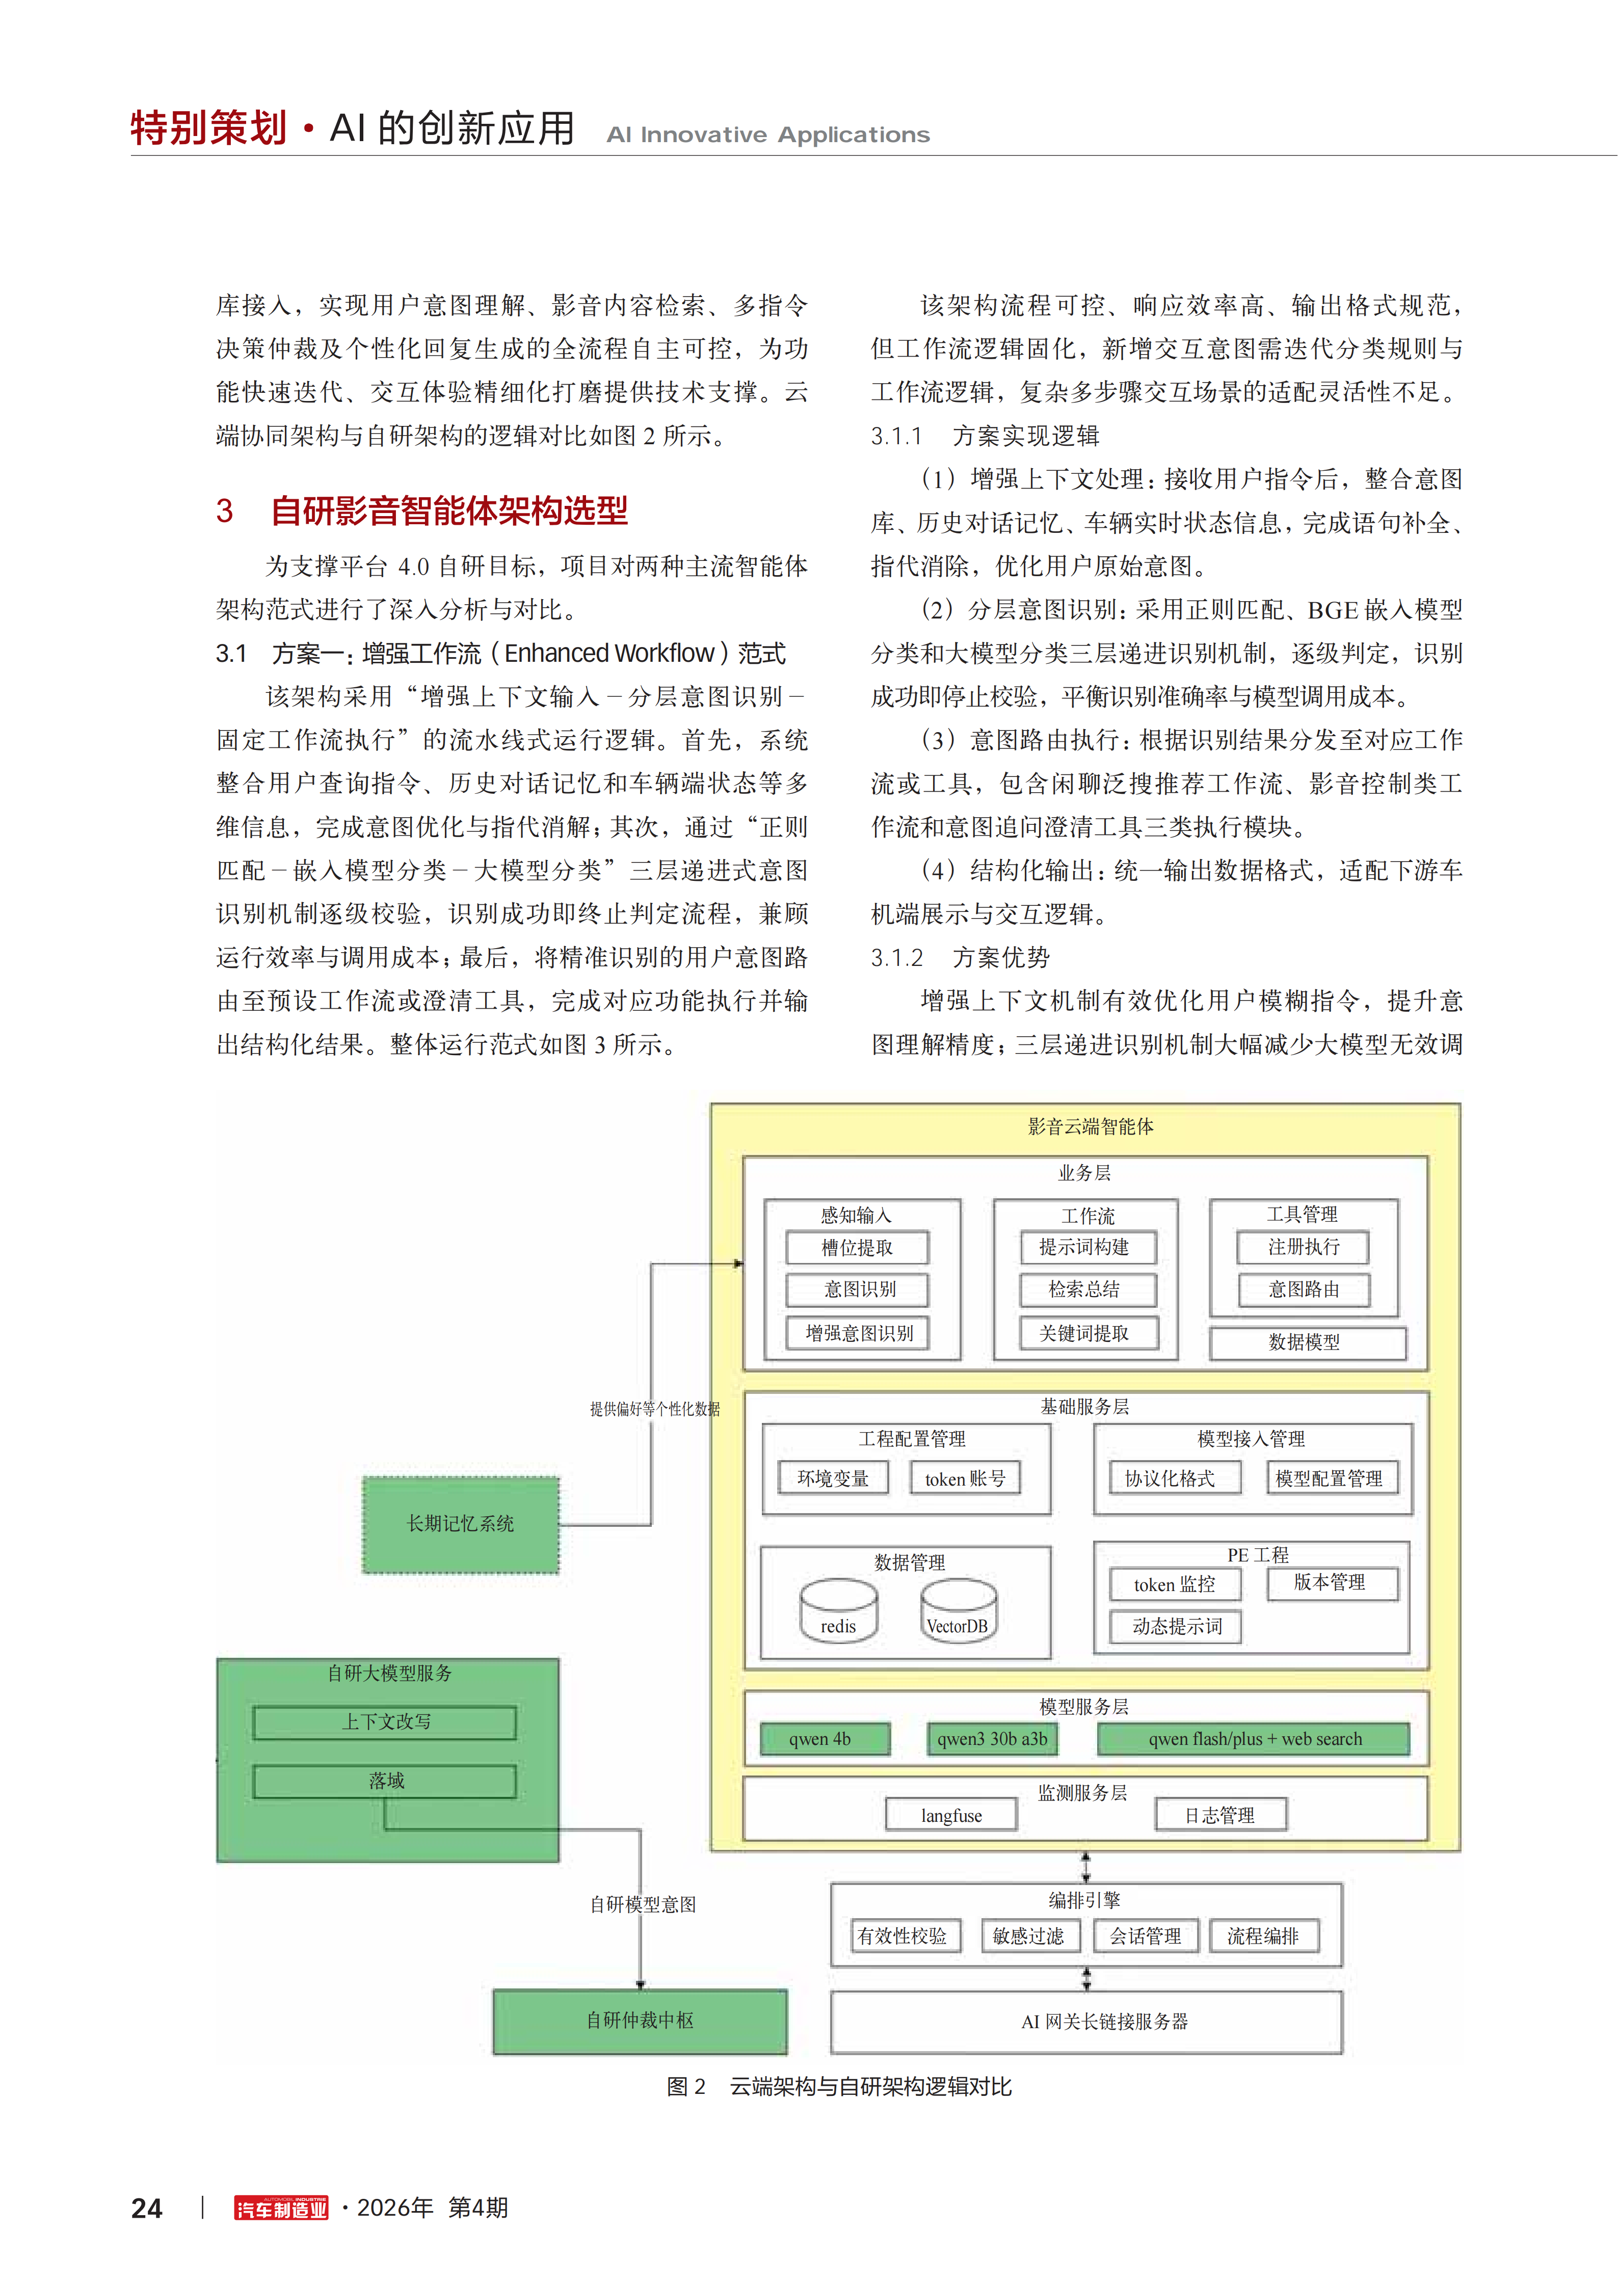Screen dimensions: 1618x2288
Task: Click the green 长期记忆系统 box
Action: tap(461, 1525)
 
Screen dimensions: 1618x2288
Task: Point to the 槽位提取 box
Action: tap(857, 1248)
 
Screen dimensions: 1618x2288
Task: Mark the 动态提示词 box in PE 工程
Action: tap(1176, 1626)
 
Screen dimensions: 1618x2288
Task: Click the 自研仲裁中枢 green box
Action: tap(640, 2021)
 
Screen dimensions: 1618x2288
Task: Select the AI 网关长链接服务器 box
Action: tap(1086, 2022)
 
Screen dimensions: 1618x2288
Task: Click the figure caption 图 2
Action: tap(686, 2087)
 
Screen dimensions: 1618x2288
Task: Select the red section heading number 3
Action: tap(224, 511)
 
